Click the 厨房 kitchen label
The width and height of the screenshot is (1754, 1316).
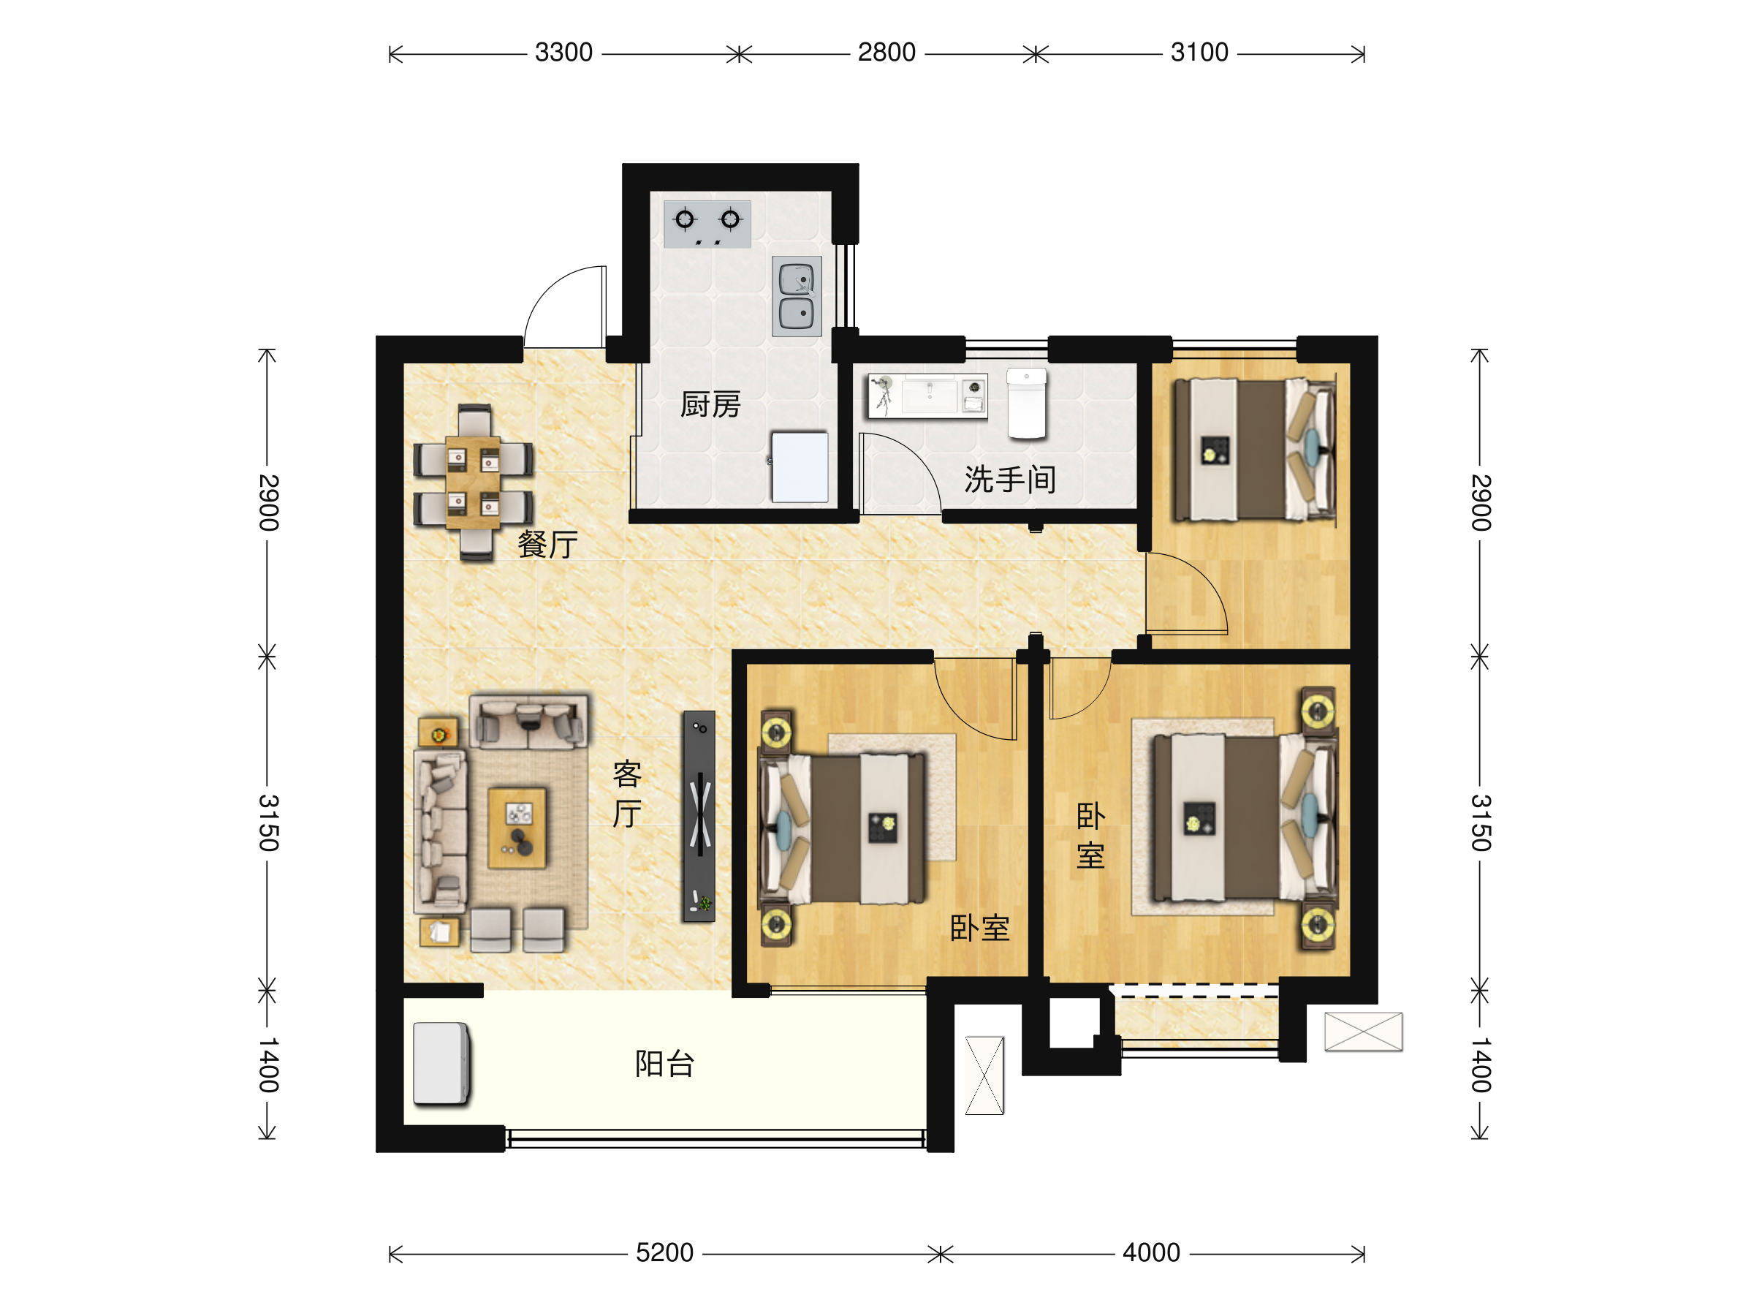point(710,404)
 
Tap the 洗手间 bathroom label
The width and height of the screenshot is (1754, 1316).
point(1009,479)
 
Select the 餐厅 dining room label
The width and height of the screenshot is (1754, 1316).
point(548,544)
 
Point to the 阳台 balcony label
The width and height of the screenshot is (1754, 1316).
point(664,1064)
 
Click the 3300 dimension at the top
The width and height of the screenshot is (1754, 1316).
point(563,53)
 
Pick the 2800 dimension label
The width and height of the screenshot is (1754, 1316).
point(887,53)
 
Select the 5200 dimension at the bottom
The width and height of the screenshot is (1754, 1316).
point(664,1252)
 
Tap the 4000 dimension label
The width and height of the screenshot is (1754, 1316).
point(1151,1252)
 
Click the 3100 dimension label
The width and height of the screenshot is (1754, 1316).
point(1200,53)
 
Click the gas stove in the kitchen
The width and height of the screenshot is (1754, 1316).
point(707,224)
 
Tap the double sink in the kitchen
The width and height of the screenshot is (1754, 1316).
point(797,296)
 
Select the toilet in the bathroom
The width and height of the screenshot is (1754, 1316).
point(1027,403)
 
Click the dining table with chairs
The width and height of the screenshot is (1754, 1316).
point(474,483)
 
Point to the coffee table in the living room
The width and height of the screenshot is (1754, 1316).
point(517,828)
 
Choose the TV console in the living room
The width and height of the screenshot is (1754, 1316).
point(699,816)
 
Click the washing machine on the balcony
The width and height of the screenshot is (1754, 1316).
point(441,1064)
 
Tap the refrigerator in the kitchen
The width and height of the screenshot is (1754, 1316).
point(800,467)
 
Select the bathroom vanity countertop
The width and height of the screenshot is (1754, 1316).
point(927,396)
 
